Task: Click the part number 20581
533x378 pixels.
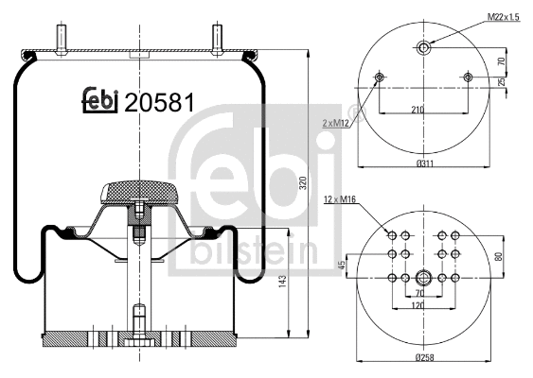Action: (x=159, y=102)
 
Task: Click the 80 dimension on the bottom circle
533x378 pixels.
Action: (x=499, y=255)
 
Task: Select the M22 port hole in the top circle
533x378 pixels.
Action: (x=423, y=47)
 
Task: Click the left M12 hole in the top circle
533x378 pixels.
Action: (x=380, y=77)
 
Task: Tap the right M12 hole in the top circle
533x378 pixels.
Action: (x=466, y=77)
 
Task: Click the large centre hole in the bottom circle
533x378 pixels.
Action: (x=423, y=278)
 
